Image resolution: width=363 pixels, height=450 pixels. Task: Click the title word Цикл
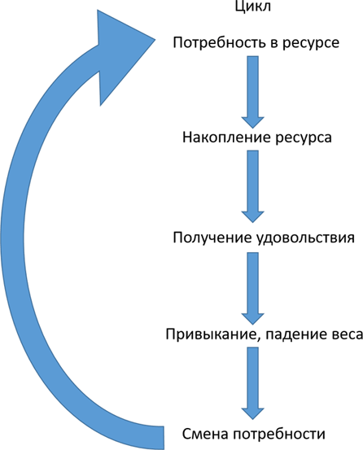coord(252,7)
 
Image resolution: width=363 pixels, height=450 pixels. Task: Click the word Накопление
coord(226,138)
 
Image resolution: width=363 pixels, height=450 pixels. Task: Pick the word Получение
coord(212,238)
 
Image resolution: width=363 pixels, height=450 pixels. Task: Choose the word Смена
coord(205,434)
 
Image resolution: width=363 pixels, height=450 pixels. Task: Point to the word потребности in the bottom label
coord(279,434)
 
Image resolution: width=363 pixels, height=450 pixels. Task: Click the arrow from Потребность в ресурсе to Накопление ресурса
coord(252,92)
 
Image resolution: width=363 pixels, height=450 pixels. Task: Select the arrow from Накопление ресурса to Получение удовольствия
coord(252,186)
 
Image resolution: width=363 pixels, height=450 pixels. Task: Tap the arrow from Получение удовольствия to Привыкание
coord(252,288)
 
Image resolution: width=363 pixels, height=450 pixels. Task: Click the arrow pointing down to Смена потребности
coord(252,383)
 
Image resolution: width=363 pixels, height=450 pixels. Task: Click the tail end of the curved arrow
coord(164,438)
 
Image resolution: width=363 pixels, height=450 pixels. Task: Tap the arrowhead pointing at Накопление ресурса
coord(252,123)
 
